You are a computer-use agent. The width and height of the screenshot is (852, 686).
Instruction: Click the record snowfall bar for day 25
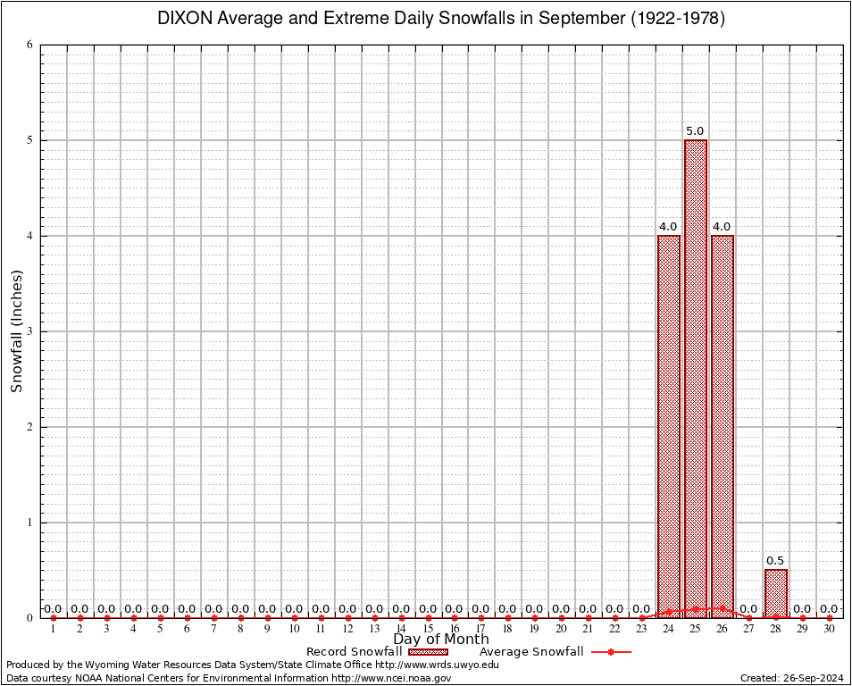tap(695, 375)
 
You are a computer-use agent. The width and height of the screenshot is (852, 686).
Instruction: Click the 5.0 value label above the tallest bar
tap(695, 131)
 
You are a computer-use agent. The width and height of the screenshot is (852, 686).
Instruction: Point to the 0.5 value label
tap(775, 561)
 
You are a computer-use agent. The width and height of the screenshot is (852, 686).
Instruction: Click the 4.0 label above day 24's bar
tap(668, 227)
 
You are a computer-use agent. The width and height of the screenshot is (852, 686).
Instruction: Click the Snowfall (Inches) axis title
tap(16, 331)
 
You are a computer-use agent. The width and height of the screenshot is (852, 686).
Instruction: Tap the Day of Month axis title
tap(441, 640)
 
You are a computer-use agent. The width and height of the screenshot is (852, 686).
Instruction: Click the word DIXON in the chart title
tap(185, 19)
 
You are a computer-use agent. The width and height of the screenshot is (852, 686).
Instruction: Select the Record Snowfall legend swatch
tap(428, 652)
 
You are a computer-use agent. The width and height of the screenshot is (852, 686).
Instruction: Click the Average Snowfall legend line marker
tap(610, 652)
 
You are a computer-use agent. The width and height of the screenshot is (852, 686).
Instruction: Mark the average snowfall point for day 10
tap(294, 617)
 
